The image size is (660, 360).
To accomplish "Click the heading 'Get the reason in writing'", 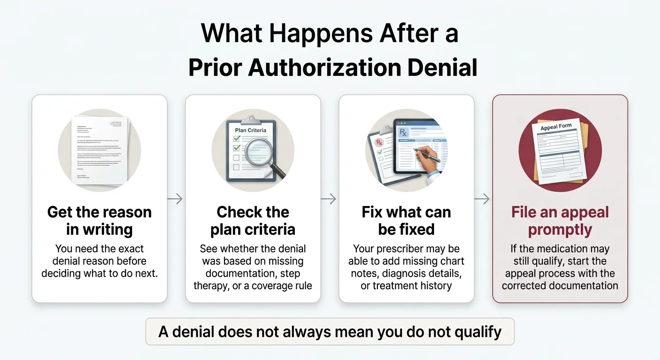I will click(99, 220).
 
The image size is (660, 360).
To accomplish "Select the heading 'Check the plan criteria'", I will click(253, 220).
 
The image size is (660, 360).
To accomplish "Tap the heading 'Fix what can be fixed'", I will click(406, 220).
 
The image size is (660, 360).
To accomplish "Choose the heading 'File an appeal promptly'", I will click(560, 220).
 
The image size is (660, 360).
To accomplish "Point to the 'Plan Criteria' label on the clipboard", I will click(250, 130).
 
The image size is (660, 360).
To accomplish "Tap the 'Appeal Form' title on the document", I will click(556, 127).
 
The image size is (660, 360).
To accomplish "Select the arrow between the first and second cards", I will click(175, 199).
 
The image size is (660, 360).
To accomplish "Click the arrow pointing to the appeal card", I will click(482, 199).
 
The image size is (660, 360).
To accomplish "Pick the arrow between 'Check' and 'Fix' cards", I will click(329, 199).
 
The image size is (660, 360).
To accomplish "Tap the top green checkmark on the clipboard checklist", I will click(237, 139).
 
